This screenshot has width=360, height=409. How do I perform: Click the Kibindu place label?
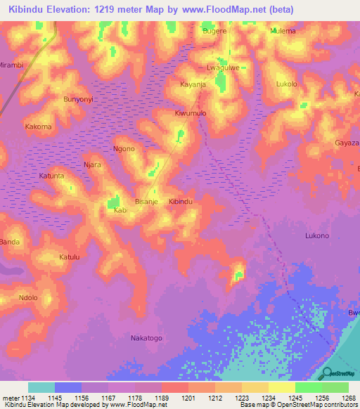coord(181,202)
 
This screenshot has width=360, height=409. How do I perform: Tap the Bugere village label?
coord(214,32)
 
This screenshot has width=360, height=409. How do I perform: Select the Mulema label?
coord(283,32)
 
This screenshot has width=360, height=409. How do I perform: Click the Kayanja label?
coord(193,84)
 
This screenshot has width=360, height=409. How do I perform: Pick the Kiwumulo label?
coord(191,112)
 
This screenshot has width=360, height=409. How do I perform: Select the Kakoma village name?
coord(38,127)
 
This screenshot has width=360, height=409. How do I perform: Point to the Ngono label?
coord(124,149)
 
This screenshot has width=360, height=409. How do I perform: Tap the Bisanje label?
coord(146,202)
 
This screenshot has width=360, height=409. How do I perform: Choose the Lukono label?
coord(316,236)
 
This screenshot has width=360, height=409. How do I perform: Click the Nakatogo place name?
coord(146,338)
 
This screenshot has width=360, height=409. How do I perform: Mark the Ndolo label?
coord(28,297)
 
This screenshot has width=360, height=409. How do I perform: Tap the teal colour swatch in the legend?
coord(41,387)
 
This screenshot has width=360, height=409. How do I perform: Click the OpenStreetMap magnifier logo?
coord(326,373)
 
